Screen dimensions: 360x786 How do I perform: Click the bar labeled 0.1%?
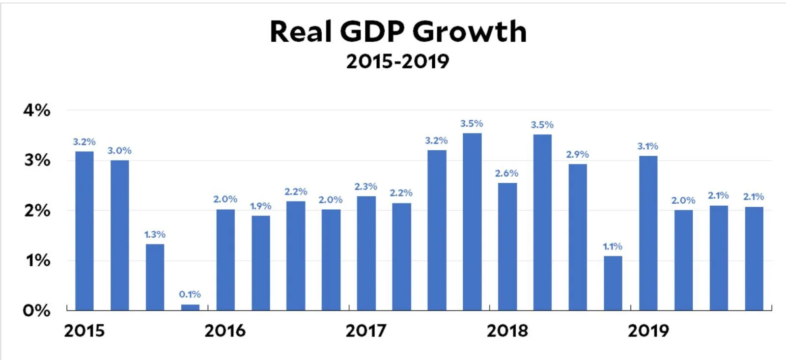(x=190, y=307)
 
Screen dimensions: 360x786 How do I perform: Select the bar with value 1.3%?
(x=155, y=277)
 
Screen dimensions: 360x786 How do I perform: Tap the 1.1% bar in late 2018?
(x=613, y=283)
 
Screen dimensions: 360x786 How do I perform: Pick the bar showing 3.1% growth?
(x=648, y=233)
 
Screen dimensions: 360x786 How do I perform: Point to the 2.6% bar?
(x=507, y=247)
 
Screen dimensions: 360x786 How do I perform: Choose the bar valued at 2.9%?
(x=578, y=237)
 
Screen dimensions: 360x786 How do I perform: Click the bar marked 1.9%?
(x=261, y=263)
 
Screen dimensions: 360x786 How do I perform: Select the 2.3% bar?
(x=366, y=253)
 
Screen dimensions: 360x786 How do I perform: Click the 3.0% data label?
(x=119, y=151)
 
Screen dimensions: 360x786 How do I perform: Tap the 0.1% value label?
(x=190, y=294)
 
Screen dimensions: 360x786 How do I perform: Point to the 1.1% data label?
(x=613, y=246)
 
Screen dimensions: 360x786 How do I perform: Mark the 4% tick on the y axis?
(x=37, y=110)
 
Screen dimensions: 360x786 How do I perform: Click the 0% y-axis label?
(x=37, y=310)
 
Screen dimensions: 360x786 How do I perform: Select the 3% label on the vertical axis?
(x=37, y=160)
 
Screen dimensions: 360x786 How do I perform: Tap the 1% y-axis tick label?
(x=38, y=260)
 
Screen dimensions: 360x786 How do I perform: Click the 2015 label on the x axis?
(x=84, y=331)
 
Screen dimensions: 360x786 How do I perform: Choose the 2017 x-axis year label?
(x=365, y=331)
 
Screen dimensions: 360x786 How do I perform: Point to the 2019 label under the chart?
(x=648, y=331)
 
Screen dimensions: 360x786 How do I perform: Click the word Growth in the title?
(x=469, y=32)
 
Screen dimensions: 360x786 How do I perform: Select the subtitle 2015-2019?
(x=397, y=62)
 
